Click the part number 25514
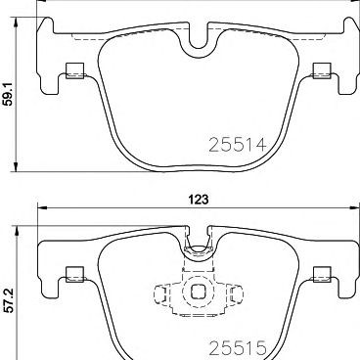(x=238, y=145)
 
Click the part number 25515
(x=238, y=348)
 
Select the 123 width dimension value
(x=199, y=200)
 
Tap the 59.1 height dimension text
(x=8, y=95)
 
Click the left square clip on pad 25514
(x=74, y=70)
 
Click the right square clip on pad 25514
(x=322, y=70)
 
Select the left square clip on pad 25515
(x=74, y=274)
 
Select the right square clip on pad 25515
(x=322, y=274)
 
